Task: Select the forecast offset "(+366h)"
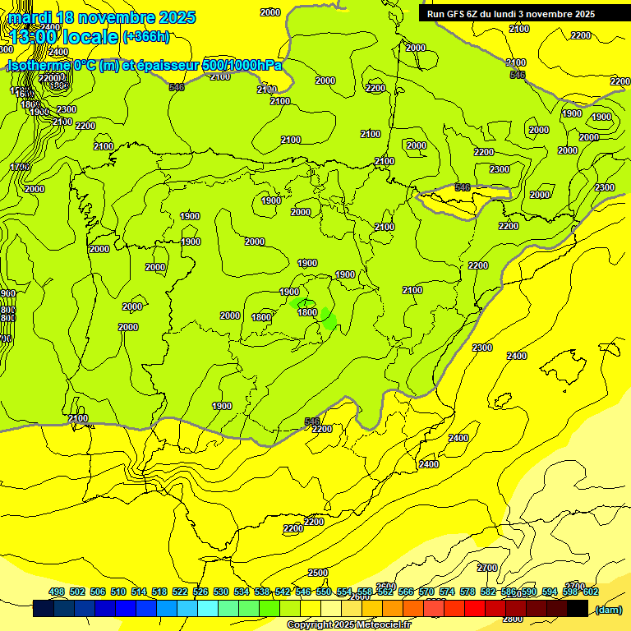point(146,37)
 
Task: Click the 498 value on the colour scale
point(57,592)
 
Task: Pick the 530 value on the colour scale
point(221,592)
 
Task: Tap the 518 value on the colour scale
point(159,592)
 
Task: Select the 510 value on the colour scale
point(118,592)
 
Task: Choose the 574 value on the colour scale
point(447,592)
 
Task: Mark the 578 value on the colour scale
point(467,592)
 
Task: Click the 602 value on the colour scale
point(590,592)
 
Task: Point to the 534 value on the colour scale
point(242,592)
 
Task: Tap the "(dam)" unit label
point(607,609)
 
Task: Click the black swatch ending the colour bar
point(578,609)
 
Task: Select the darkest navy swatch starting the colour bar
point(44,609)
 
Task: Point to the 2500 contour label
point(318,573)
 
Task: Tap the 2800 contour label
point(513,619)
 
